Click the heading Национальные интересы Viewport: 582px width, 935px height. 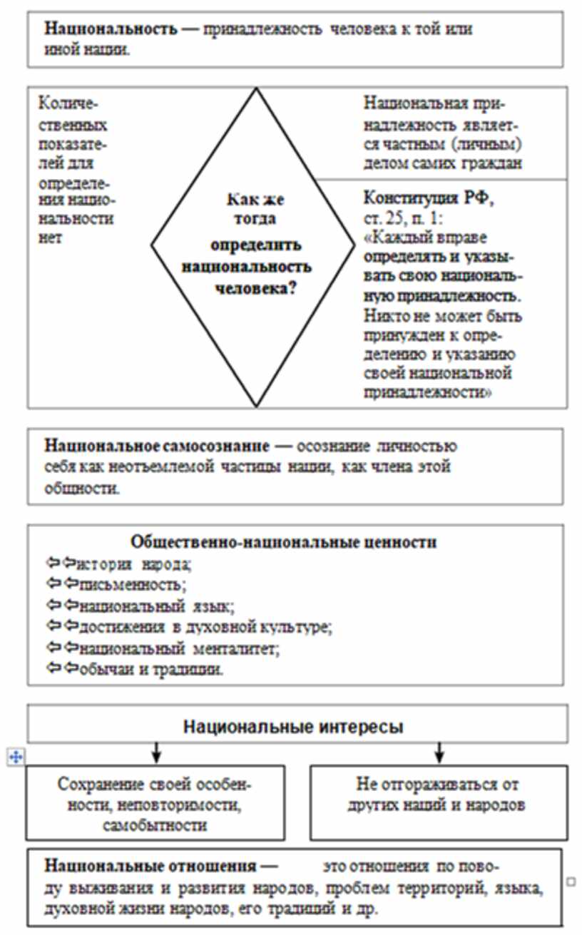(x=294, y=727)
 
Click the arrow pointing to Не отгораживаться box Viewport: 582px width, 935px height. (x=439, y=753)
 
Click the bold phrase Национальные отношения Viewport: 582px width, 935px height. (x=150, y=867)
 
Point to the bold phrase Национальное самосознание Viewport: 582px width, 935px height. (x=158, y=446)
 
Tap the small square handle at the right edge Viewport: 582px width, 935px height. (x=571, y=882)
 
